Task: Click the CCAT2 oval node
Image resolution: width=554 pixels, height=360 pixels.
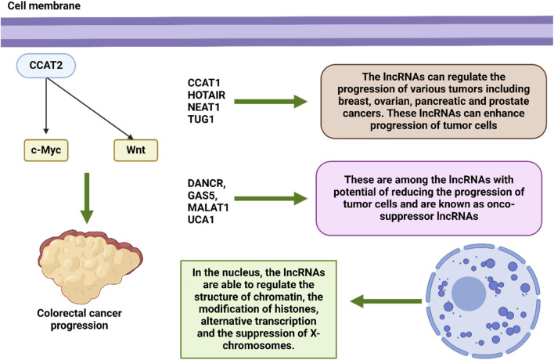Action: point(46,66)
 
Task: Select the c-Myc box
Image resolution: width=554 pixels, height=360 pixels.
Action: point(46,150)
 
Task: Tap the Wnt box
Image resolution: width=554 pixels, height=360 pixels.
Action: point(135,150)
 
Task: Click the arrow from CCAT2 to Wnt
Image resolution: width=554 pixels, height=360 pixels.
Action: point(90,109)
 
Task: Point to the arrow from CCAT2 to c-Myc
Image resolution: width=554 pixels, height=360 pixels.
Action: point(46,106)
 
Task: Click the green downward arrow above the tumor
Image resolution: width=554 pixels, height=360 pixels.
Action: point(87,198)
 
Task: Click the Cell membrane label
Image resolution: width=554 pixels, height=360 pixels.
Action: point(44,5)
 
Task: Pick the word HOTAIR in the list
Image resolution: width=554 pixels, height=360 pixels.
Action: point(207,95)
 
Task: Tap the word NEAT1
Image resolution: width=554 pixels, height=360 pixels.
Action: point(203,107)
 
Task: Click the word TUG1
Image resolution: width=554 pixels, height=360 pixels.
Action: point(200,119)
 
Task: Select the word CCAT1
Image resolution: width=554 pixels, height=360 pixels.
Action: point(204,83)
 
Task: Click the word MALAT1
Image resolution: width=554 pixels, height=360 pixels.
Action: point(208,207)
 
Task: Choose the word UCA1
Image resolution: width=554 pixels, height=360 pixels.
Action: point(200,219)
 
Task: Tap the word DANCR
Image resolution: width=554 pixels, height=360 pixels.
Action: point(207,183)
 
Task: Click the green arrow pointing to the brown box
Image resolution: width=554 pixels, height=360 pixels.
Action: point(271,102)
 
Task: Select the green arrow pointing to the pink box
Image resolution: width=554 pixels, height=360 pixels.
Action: point(271,199)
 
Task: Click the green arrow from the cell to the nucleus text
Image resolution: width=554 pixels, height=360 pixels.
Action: point(386,301)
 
